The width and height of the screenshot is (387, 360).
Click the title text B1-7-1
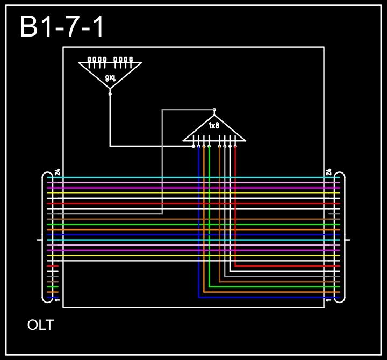(62, 27)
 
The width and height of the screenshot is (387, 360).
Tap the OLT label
(40, 325)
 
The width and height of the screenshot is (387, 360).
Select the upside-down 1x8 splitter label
(110, 78)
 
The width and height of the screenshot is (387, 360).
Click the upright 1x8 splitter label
(214, 126)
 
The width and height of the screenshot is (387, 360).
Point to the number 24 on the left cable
(58, 172)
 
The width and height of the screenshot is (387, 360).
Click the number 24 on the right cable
(328, 172)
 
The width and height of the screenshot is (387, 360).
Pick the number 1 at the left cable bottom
(58, 300)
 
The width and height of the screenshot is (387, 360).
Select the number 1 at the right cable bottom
(328, 300)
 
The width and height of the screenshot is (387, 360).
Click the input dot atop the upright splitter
(214, 110)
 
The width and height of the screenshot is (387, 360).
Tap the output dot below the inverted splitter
(110, 93)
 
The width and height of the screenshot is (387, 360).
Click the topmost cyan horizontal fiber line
(193, 177)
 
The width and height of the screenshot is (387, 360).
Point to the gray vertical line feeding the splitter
(162, 161)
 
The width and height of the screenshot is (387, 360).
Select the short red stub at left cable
(53, 266)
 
